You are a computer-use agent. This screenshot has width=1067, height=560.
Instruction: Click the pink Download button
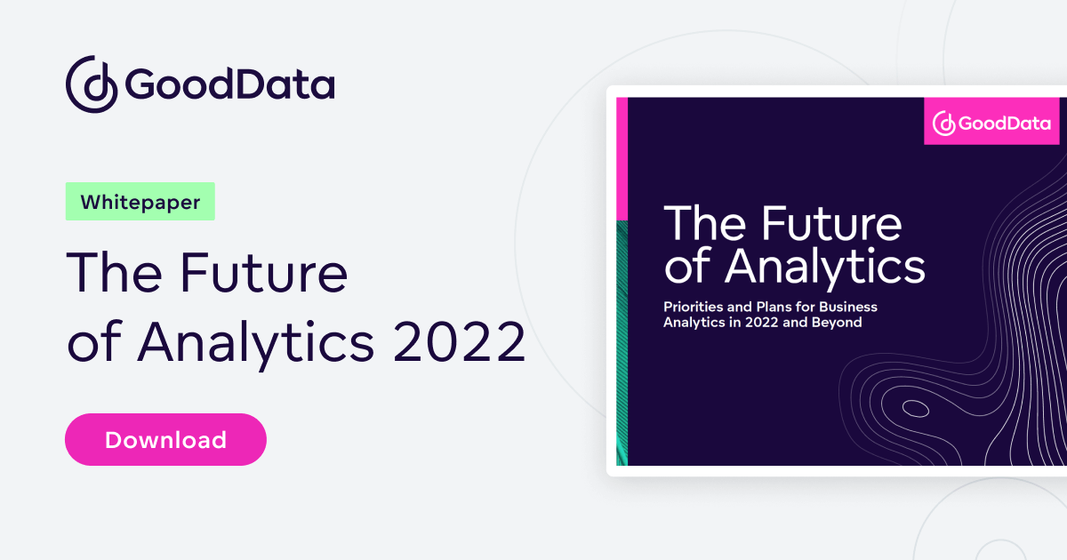click(165, 439)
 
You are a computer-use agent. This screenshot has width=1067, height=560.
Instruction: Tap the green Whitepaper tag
click(140, 202)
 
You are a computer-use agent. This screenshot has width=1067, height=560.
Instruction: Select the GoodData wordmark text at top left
click(229, 84)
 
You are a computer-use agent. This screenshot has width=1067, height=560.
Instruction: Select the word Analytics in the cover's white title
click(825, 266)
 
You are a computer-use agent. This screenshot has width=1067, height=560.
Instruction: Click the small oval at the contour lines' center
click(914, 410)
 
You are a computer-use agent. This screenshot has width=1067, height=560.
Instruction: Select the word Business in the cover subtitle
click(848, 307)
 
